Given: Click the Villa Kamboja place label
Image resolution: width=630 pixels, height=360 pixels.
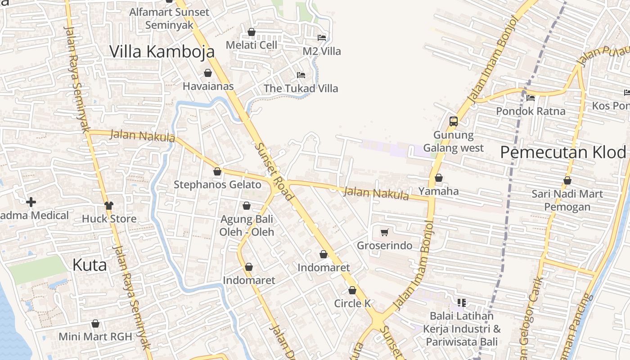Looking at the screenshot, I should click(162, 52).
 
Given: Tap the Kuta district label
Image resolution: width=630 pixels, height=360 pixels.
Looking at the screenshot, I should click(90, 265).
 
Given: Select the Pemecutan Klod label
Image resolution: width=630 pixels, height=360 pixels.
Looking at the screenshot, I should click(563, 153).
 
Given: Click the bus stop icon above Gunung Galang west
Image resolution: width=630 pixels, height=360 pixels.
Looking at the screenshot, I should click(453, 121).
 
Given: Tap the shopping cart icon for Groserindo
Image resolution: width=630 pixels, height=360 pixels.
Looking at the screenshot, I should click(384, 233).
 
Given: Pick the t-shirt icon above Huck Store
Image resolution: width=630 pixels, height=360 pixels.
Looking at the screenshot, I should click(109, 206).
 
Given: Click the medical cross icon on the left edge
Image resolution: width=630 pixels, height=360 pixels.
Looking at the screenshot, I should click(31, 202).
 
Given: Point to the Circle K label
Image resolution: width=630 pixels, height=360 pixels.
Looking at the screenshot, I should click(352, 304).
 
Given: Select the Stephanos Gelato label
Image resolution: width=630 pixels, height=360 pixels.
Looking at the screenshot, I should click(217, 184).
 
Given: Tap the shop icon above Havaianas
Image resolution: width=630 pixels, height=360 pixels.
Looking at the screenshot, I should click(208, 73).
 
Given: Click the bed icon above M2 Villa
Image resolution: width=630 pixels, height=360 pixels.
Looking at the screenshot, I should click(321, 38).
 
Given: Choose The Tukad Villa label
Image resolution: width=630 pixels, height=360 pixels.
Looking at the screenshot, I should click(301, 88).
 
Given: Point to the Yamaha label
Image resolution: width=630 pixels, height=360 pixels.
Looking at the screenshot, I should click(439, 191).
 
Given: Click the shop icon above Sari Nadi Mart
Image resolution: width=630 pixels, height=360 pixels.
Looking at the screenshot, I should click(567, 181).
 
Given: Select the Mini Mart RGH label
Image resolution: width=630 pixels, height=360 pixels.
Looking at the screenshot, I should click(95, 337).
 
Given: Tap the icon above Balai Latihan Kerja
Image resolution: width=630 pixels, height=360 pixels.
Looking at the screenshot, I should click(461, 303).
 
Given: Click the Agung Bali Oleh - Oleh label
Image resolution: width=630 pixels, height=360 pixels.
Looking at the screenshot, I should click(247, 225).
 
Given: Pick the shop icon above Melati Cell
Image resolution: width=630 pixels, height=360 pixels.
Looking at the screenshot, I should click(252, 32).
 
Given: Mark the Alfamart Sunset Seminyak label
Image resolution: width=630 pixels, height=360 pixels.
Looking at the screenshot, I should click(170, 18).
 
